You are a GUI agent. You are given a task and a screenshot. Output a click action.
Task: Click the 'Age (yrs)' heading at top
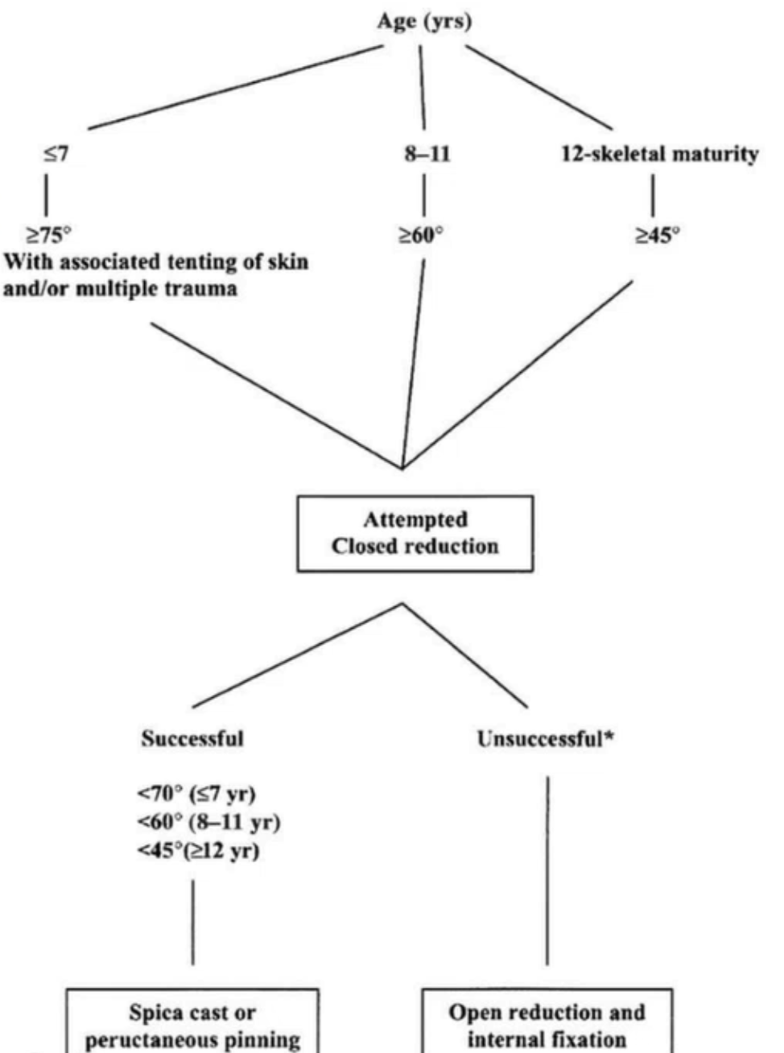(424, 22)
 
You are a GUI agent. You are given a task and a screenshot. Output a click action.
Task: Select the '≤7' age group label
(56, 154)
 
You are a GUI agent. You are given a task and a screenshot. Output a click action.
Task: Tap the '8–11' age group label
(427, 154)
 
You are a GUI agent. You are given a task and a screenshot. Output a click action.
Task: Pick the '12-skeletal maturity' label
(659, 154)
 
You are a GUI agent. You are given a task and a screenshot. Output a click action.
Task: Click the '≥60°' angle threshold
(421, 235)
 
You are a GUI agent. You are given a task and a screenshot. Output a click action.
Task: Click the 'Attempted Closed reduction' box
(415, 533)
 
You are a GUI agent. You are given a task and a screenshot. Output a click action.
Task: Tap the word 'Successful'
(192, 738)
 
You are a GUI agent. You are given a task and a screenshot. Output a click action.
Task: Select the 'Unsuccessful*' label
(546, 738)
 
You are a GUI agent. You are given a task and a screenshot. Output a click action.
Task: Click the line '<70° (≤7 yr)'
(196, 794)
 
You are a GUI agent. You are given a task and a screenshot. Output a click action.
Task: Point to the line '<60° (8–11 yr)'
(208, 822)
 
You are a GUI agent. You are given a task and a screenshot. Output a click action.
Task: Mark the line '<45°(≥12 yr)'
(198, 850)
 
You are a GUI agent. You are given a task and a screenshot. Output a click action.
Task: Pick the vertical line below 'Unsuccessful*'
(548, 869)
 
